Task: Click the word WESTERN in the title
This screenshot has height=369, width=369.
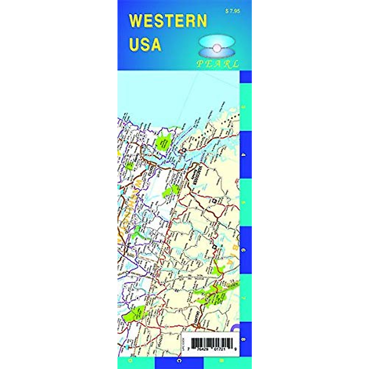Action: coord(168,21)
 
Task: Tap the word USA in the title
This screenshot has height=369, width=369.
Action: coord(145,44)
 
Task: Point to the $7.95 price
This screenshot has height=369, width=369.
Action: coord(233,11)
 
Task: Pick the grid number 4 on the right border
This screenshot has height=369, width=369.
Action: coord(244,155)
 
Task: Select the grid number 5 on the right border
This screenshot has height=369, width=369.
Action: coord(244,203)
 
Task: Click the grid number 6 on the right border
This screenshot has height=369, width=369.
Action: coord(244,250)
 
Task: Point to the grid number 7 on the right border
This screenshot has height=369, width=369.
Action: coord(244,298)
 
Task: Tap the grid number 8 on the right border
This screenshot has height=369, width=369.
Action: coord(244,339)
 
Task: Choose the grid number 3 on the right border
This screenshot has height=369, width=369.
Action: coord(244,107)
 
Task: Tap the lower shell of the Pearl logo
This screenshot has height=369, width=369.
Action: coord(217,54)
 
